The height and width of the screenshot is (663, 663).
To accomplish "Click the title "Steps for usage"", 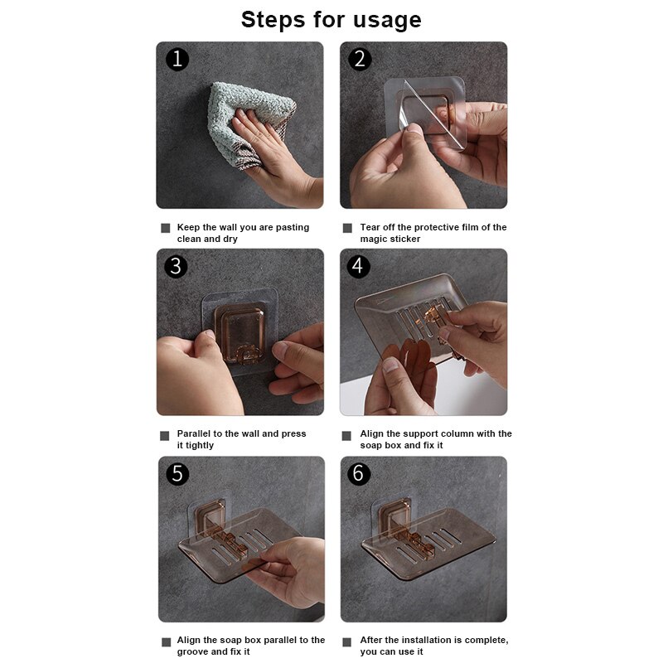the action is tap(331, 20).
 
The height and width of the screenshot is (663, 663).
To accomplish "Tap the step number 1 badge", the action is tap(177, 59).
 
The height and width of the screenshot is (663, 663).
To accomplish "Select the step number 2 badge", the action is tap(360, 59).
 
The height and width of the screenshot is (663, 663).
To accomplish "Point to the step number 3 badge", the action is tap(176, 266).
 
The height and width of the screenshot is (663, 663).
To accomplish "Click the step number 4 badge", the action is tap(358, 266).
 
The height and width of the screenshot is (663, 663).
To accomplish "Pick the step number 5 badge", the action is tap(177, 473).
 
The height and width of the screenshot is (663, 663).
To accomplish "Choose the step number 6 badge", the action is tap(359, 473).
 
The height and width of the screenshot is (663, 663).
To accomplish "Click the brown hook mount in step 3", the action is tap(240, 333).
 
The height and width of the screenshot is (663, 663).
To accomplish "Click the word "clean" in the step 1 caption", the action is tap(189, 239).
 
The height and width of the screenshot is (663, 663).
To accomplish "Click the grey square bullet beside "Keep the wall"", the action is tap(165, 229).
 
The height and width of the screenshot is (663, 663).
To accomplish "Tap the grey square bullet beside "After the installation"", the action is tap(346, 642).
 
